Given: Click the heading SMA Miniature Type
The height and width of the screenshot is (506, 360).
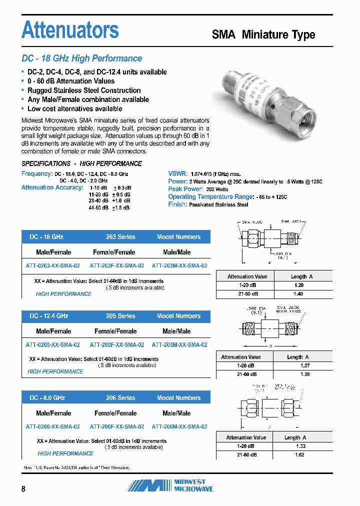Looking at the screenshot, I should (x=263, y=34).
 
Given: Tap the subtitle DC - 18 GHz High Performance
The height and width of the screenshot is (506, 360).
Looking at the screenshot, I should (x=82, y=58).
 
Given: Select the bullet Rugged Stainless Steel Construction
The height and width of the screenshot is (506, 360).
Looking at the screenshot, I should (x=84, y=90).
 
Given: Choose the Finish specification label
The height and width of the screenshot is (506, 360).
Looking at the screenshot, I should (x=177, y=204).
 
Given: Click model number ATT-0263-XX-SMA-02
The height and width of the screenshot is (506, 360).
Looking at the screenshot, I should (x=52, y=266).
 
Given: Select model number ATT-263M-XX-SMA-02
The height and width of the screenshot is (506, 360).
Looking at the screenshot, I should (x=179, y=266).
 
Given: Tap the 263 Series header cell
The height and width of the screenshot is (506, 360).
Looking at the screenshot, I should (x=120, y=237).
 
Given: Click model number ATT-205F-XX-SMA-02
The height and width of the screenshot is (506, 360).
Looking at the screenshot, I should (x=117, y=345).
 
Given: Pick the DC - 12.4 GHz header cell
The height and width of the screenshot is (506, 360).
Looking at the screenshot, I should (x=48, y=316).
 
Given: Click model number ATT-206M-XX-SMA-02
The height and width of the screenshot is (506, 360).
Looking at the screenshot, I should (x=179, y=426).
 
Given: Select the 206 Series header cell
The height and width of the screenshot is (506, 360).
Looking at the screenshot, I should (x=120, y=398).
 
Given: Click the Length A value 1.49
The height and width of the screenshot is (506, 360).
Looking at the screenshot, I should (x=298, y=294).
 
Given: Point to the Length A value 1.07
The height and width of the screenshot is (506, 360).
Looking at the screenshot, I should (x=298, y=365).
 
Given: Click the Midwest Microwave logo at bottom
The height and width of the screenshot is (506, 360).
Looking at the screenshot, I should (x=170, y=485).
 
